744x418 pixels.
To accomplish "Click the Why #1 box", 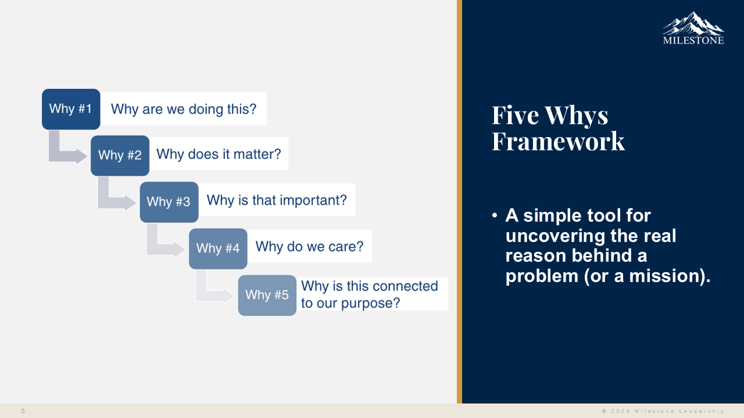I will click(x=70, y=109).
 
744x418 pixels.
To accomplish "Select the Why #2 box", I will click(x=120, y=155).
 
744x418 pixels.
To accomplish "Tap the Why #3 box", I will click(x=169, y=201).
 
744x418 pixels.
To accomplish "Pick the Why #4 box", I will click(x=218, y=248).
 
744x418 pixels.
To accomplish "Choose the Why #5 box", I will click(x=267, y=295).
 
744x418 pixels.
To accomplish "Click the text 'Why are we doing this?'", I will click(x=184, y=109).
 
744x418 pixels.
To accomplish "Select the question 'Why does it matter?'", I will click(x=219, y=154).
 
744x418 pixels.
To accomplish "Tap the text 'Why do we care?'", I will click(x=309, y=246).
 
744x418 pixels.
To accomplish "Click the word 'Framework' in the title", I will click(x=558, y=141).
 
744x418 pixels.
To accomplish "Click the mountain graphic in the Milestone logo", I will click(x=693, y=24).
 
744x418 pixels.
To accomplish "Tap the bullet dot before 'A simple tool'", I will click(x=495, y=216).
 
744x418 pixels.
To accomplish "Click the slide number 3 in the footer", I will click(x=23, y=411).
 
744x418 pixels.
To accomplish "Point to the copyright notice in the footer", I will click(x=663, y=411).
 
